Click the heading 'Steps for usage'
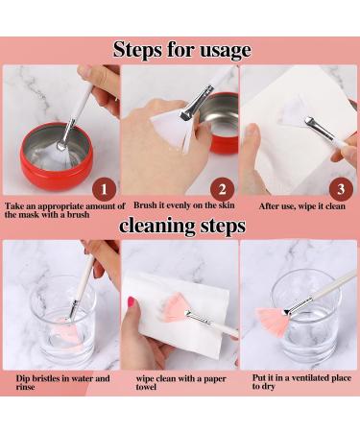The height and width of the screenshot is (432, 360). [x=181, y=50]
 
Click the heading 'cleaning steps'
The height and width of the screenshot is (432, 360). [x=181, y=227]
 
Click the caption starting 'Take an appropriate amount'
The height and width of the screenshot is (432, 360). [x=63, y=210]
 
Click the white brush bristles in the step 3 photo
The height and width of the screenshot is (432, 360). [x=296, y=112]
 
